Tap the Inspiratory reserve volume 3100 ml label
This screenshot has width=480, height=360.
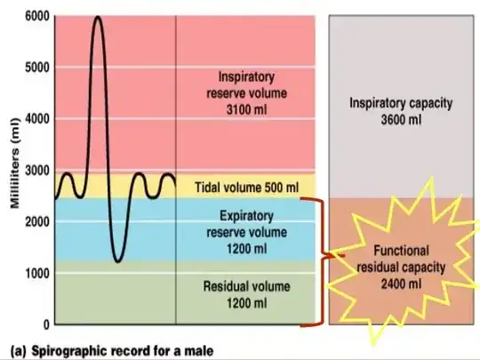[x=245, y=91]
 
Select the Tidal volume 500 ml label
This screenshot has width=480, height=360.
[x=245, y=188]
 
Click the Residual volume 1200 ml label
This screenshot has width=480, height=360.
[x=245, y=296]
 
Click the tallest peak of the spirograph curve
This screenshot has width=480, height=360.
[x=97, y=18]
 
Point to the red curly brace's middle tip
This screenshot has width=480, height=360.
[x=325, y=259]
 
